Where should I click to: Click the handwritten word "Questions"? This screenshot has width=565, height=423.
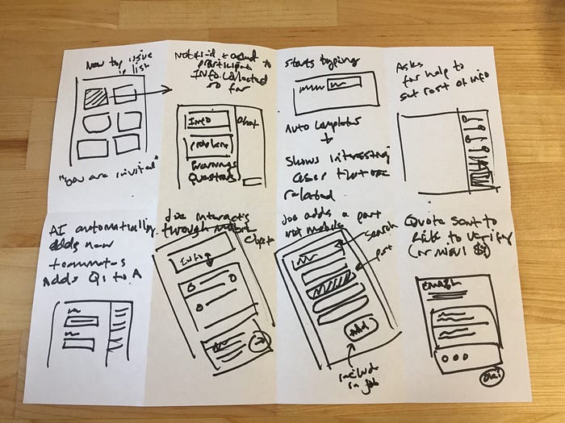[x=211, y=179]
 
